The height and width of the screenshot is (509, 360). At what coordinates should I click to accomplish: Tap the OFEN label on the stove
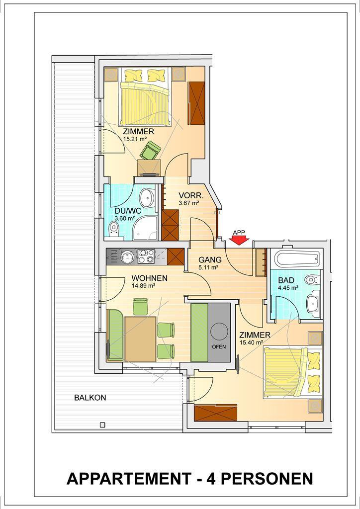(x=219, y=346)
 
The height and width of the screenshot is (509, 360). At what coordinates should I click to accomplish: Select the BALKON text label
(x=90, y=398)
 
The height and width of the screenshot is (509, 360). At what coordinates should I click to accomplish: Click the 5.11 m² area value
(x=208, y=267)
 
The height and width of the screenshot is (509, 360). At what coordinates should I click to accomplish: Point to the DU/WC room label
(x=128, y=211)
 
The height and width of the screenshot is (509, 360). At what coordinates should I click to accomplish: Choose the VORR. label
(x=191, y=196)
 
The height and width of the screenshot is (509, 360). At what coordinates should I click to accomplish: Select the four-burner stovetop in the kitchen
(x=146, y=256)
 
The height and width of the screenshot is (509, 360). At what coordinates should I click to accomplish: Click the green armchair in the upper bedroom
(x=150, y=151)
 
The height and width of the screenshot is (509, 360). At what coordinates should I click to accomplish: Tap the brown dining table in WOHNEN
(x=140, y=338)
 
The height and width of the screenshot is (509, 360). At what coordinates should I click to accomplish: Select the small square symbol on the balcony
(x=102, y=425)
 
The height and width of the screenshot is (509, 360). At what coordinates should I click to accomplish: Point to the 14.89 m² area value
(x=143, y=286)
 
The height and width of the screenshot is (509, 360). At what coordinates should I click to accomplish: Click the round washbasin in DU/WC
(x=147, y=197)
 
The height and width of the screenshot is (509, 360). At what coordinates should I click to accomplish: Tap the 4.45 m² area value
(x=288, y=287)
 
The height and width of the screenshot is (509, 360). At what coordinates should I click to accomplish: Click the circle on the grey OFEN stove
(x=219, y=331)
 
